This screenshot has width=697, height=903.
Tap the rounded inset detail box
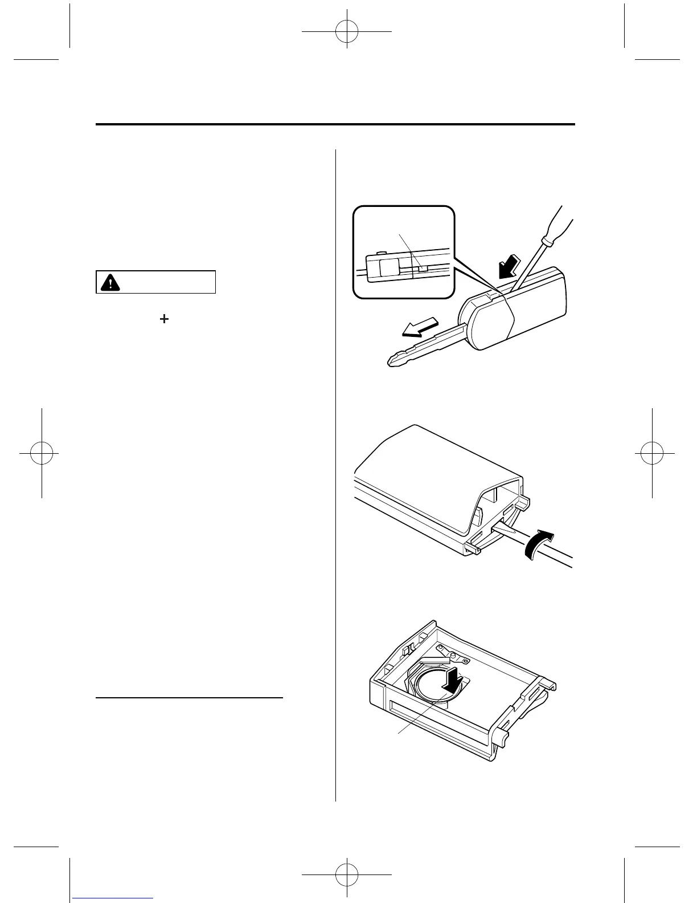[x=404, y=252]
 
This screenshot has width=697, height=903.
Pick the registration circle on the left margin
[x=42, y=453]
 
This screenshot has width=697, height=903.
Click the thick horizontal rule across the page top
[x=335, y=124]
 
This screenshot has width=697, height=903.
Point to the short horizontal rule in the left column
[x=189, y=697]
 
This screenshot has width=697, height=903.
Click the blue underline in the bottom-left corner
[x=118, y=898]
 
